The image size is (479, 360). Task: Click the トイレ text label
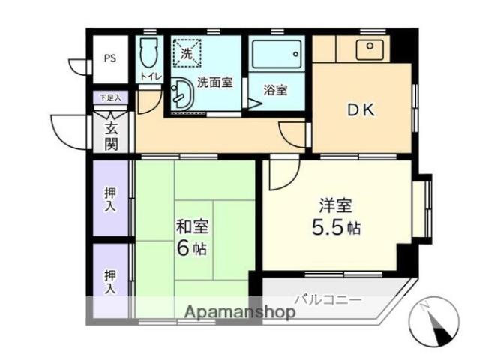148,76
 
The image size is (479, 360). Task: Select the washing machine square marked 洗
187,52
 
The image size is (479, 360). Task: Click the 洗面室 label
214,83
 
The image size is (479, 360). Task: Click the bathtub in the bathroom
276,54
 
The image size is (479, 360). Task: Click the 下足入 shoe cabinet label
110,97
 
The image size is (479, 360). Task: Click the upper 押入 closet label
110,199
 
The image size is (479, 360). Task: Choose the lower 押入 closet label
110,280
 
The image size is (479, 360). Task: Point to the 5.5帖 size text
336,227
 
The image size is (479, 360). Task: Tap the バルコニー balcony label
328,299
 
